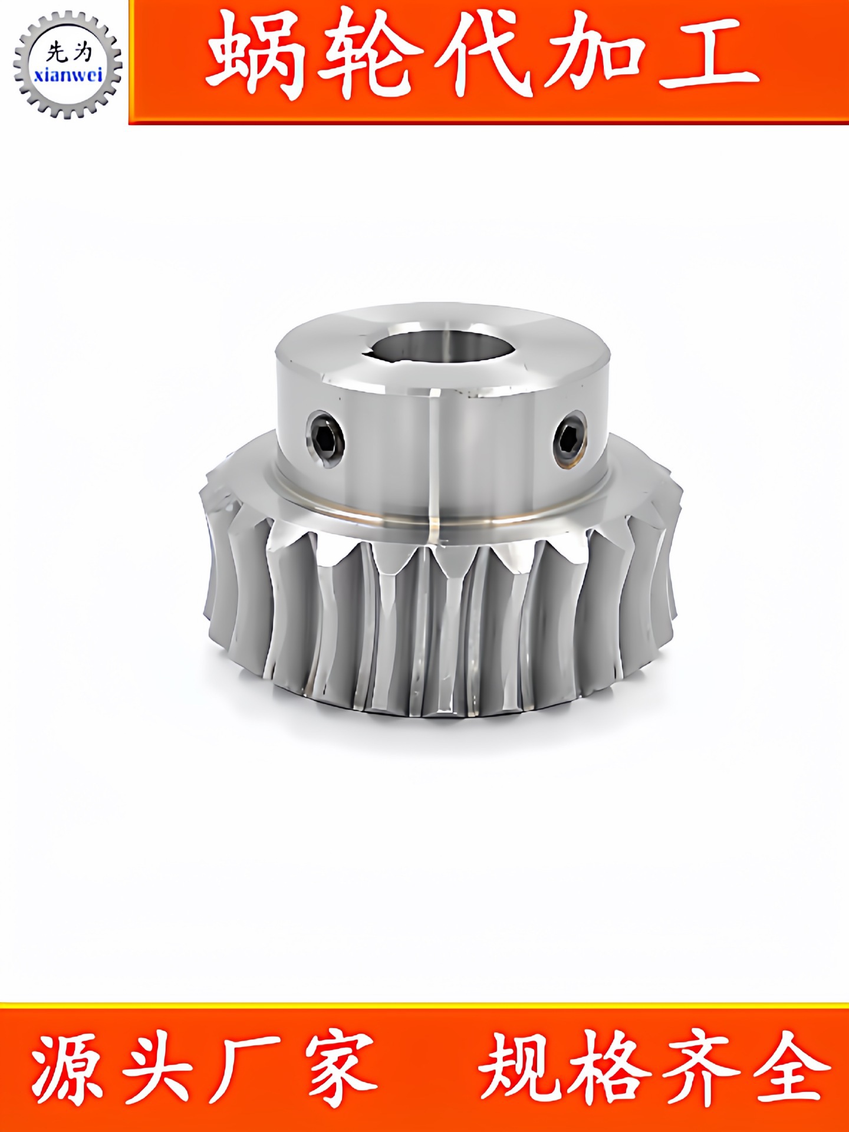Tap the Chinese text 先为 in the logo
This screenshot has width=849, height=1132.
(x=70, y=52)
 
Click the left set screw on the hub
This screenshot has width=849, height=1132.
(x=325, y=438)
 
